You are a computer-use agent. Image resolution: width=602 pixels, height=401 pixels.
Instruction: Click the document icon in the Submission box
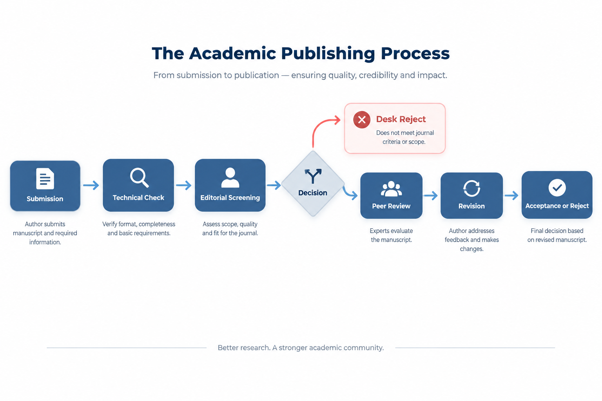click(45, 178)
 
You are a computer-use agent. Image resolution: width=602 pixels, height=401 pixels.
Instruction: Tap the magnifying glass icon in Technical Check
click(139, 177)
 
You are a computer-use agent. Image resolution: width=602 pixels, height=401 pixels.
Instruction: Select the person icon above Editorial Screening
click(230, 177)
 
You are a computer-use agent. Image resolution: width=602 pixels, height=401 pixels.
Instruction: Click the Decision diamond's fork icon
click(313, 176)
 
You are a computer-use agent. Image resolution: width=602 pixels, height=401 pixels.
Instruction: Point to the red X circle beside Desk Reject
click(362, 119)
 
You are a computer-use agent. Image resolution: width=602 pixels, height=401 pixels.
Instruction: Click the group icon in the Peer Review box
click(391, 188)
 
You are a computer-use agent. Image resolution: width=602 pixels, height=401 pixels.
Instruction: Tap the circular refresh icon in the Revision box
click(471, 188)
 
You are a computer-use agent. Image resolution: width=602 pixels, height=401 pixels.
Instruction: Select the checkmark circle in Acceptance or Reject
click(557, 188)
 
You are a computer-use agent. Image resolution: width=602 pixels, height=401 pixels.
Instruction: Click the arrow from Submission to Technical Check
click(91, 185)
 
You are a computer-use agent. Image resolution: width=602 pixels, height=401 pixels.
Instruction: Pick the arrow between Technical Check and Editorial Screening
click(183, 185)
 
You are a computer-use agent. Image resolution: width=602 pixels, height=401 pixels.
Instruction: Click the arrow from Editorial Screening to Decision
click(274, 185)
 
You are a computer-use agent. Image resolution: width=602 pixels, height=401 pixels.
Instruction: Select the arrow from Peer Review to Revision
click(431, 195)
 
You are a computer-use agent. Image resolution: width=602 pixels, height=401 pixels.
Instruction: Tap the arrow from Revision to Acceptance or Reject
click(511, 195)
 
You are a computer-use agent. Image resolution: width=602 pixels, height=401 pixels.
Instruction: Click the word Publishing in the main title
click(328, 54)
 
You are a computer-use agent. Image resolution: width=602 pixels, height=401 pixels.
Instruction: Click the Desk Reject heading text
click(401, 119)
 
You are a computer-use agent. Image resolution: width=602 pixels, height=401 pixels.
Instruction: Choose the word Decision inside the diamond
click(312, 193)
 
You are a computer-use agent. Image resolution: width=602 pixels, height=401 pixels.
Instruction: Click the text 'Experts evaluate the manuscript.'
click(391, 235)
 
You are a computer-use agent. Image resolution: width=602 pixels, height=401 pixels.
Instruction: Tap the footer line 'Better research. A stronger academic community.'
click(301, 348)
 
